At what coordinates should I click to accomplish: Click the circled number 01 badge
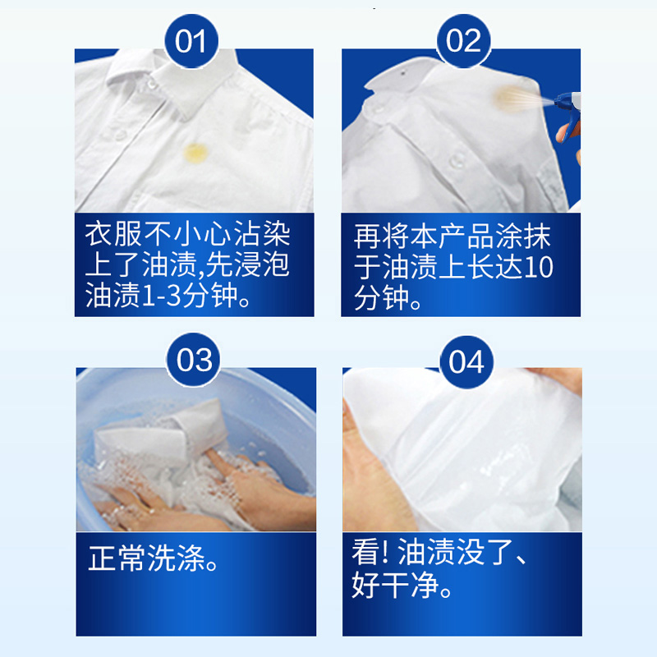coord(191,41)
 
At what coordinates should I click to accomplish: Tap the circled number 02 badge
coord(463,41)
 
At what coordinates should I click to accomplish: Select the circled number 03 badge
coord(194,360)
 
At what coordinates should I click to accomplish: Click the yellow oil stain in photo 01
coord(195,153)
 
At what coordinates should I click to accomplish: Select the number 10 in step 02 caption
coord(539,267)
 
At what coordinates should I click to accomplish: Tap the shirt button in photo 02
coord(456,160)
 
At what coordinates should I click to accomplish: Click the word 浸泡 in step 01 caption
coord(261,265)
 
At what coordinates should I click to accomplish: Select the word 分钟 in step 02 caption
coord(381,298)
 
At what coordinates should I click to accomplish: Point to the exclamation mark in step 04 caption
coord(386,552)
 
